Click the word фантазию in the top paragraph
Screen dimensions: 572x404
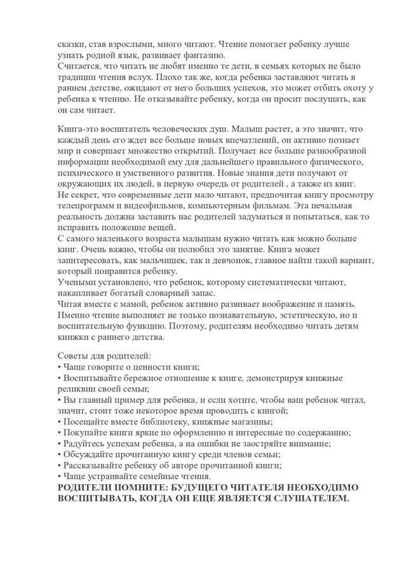click(x=205, y=55)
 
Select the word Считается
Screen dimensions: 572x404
click(x=79, y=65)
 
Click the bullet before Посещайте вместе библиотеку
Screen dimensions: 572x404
click(x=59, y=422)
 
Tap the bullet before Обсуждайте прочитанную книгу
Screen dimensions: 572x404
click(x=59, y=454)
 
